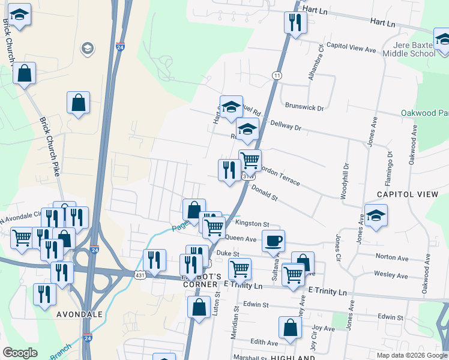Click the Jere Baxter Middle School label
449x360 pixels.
click(x=414, y=49)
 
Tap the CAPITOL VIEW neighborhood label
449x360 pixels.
click(x=408, y=194)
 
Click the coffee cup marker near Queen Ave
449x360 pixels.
click(x=273, y=241)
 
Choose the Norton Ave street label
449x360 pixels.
click(x=391, y=258)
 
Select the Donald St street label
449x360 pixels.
click(x=264, y=193)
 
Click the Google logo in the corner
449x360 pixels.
click(x=20, y=353)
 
